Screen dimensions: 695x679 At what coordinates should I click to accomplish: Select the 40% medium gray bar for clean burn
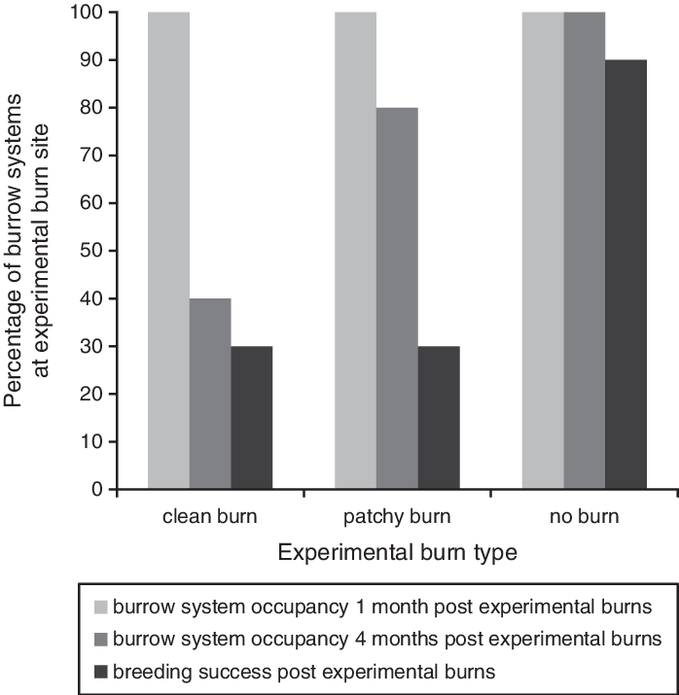[210, 394]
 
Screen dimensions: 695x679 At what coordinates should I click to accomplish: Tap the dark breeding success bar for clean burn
[252, 418]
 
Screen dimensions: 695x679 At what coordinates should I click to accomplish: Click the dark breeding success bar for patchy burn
[439, 418]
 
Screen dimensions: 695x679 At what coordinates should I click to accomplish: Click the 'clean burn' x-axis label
[210, 516]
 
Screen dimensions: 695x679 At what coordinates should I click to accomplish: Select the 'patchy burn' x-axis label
[397, 516]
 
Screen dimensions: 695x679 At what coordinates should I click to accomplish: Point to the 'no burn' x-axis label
[584, 516]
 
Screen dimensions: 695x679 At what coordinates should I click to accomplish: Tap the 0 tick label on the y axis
[97, 490]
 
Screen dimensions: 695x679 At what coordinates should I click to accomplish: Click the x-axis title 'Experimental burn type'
[396, 553]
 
